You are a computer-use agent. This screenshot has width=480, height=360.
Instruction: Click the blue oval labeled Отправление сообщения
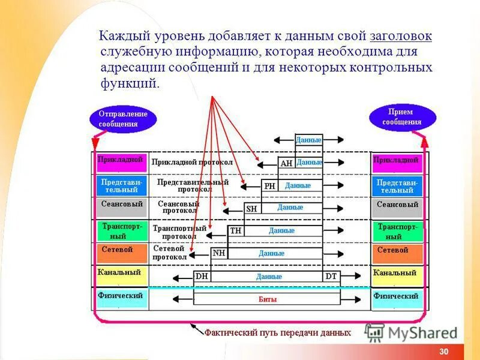[x=123, y=119]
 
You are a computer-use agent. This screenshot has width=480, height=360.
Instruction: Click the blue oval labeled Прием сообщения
[x=402, y=117]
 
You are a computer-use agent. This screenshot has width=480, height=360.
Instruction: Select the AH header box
[x=286, y=163]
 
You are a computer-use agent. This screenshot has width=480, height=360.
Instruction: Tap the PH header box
[x=269, y=186]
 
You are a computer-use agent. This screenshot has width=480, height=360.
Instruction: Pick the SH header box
[x=251, y=208]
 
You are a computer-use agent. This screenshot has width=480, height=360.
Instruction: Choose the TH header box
[x=235, y=230]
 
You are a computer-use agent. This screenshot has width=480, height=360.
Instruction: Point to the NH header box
[x=219, y=253]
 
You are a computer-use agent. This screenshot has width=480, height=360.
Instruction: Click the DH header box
[x=201, y=277]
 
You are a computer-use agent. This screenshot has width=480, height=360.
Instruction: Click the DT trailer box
[x=331, y=277]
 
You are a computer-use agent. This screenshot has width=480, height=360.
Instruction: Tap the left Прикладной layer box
[x=121, y=162]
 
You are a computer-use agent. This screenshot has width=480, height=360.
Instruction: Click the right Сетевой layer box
[x=397, y=253]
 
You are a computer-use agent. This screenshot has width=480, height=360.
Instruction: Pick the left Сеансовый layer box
[x=122, y=208]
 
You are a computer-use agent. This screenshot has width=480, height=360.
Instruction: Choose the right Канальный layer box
[x=397, y=275]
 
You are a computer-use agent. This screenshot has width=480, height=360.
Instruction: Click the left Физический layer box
[x=121, y=298]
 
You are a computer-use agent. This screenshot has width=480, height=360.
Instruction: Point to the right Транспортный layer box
[x=397, y=231]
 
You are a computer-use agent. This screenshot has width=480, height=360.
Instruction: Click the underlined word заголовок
[x=401, y=37]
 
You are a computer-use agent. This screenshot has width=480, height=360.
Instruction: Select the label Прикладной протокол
[x=192, y=162]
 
